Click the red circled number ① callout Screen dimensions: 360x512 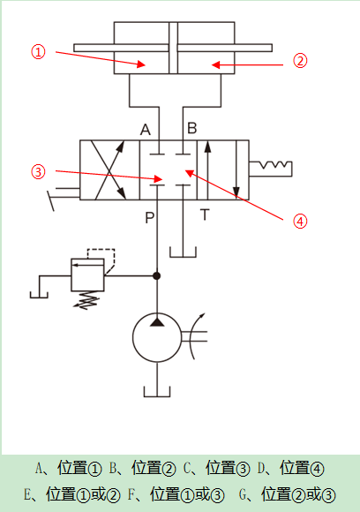38,52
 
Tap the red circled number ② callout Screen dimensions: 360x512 300,61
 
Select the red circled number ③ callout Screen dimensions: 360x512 38,172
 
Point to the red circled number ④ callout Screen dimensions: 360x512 300,221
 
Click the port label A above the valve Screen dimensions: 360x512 146,130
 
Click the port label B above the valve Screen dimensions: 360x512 192,128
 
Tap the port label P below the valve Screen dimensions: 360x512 149,217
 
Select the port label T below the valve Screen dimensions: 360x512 205,215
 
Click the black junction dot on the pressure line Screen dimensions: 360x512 157,276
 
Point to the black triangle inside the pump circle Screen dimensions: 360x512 157,321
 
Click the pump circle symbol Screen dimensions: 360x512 157,337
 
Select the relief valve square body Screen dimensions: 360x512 88,275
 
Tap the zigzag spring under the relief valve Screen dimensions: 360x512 86,300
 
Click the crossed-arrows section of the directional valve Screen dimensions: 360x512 109,170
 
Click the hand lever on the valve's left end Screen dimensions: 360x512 63,197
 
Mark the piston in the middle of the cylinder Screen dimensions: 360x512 173,48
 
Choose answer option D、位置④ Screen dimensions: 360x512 290,468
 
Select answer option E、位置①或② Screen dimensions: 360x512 71,494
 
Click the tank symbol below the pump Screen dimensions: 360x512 157,392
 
